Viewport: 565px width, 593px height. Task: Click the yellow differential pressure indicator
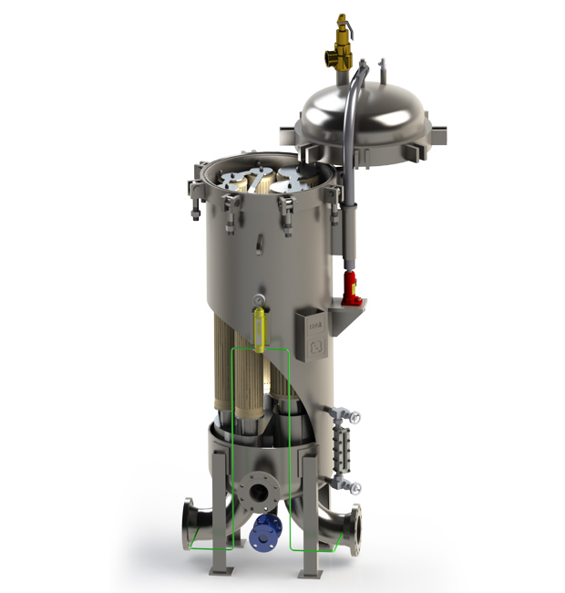click(x=259, y=329)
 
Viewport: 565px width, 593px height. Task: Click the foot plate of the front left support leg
click(x=222, y=570)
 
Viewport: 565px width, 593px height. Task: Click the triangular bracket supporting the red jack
click(x=352, y=318)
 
